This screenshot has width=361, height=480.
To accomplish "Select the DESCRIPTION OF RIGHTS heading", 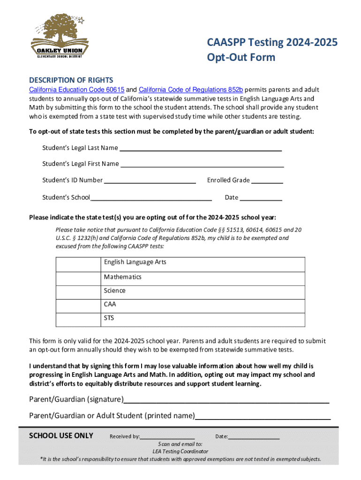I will point(71,80).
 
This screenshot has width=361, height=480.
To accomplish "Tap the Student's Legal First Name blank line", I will point(202,165).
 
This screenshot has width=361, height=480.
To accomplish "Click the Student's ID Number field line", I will point(150,181).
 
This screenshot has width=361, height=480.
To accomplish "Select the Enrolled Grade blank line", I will point(269,181).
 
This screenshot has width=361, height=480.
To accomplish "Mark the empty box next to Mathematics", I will point(78,277).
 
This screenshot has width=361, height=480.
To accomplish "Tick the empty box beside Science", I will point(78,291).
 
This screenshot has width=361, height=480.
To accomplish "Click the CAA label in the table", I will point(110,304).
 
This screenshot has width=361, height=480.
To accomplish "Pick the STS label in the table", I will point(109,318).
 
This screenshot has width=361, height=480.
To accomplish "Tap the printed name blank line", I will point(263,417).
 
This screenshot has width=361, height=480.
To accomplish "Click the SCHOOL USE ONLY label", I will point(61,435).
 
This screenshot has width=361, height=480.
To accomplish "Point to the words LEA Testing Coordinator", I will point(180,451).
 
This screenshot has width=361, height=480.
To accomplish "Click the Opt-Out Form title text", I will point(241,58).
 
